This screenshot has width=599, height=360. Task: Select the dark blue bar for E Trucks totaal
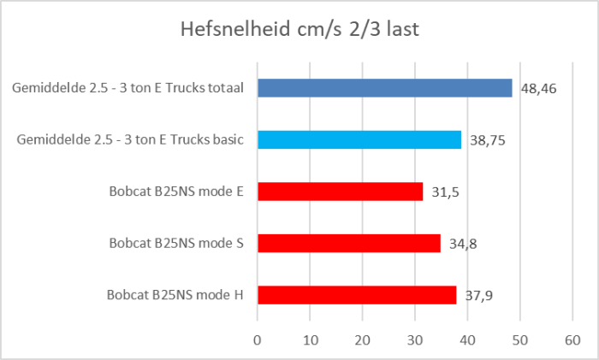384,88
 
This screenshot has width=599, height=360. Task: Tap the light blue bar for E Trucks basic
359,140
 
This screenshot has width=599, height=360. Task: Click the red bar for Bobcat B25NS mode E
340,192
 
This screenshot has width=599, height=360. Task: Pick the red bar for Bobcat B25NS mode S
348,243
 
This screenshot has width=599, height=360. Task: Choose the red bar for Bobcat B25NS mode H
357,295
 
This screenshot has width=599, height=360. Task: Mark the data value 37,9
478,295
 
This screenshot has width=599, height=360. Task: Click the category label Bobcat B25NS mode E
176,192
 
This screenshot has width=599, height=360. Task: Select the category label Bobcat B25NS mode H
175,295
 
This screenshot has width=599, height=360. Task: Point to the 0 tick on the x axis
258,339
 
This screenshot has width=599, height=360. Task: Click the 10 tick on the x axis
310,339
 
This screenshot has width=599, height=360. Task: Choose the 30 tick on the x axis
415,339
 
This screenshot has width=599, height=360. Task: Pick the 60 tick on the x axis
572,339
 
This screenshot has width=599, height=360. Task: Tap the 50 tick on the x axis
519,339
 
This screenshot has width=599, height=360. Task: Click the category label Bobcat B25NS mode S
176,243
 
